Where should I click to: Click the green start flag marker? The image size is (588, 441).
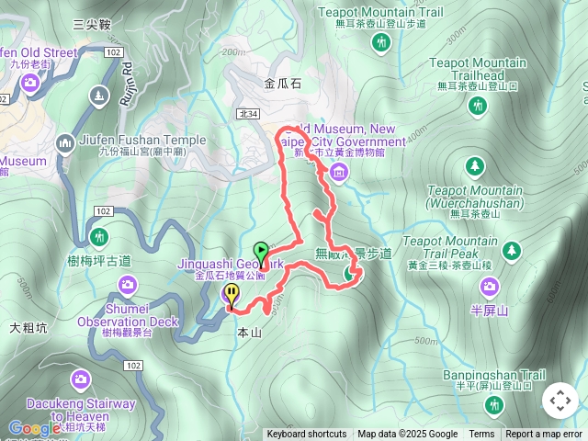point(261,251)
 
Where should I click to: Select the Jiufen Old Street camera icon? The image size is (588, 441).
point(30,84)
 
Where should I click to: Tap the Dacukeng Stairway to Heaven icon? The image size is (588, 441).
point(82,379)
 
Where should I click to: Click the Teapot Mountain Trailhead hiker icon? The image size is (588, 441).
point(477,107)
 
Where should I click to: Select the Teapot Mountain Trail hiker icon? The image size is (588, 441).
point(382,41)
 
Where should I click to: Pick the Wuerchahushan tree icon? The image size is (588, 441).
point(475,166)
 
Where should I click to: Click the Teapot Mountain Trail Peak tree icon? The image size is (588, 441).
point(513,250)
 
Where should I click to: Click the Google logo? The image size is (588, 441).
point(34,428)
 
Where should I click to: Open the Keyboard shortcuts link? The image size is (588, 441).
point(307,435)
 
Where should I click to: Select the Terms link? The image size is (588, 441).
point(481,435)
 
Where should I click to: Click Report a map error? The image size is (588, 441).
point(544,435)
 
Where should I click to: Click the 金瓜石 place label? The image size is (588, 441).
point(282,84)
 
